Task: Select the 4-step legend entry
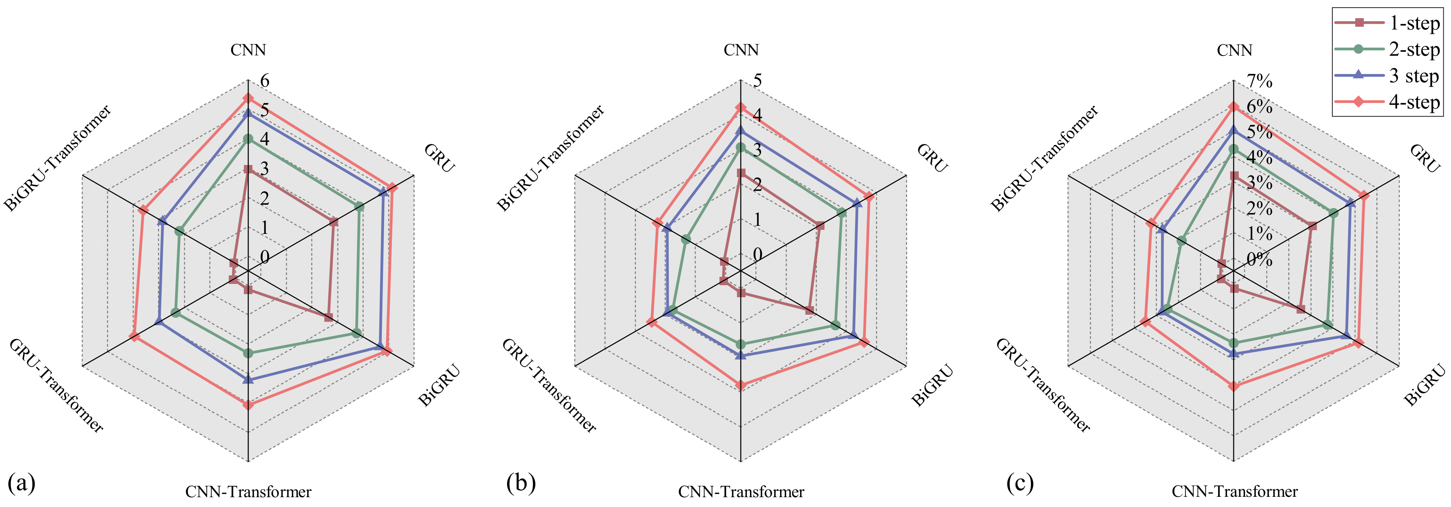click(1387, 102)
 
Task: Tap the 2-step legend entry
click(1387, 50)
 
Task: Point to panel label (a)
click(22, 483)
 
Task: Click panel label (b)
click(521, 483)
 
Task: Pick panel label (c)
click(1020, 483)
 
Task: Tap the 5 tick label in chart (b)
click(758, 80)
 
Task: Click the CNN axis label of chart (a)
click(248, 50)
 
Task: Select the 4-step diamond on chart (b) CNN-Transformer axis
click(741, 386)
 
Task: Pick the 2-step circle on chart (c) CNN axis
click(1234, 149)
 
